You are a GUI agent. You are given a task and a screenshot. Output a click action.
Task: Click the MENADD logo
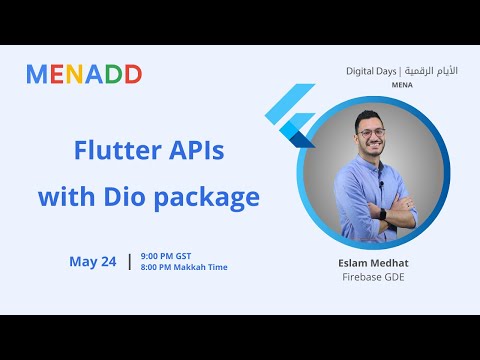pos(84,74)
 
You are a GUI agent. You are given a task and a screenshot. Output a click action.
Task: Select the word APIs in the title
pos(196,152)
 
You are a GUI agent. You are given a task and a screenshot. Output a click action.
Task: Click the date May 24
pos(93,262)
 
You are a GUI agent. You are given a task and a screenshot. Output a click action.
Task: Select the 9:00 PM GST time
pos(168,256)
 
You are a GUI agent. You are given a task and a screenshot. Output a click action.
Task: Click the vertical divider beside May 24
pos(129,262)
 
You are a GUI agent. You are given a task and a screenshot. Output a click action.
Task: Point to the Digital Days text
pos(366,72)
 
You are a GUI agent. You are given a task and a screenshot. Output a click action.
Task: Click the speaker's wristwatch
pos(384,212)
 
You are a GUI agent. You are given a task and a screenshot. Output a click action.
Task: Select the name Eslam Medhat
pos(376,263)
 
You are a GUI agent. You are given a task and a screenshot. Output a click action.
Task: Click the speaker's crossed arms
pos(376,212)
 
